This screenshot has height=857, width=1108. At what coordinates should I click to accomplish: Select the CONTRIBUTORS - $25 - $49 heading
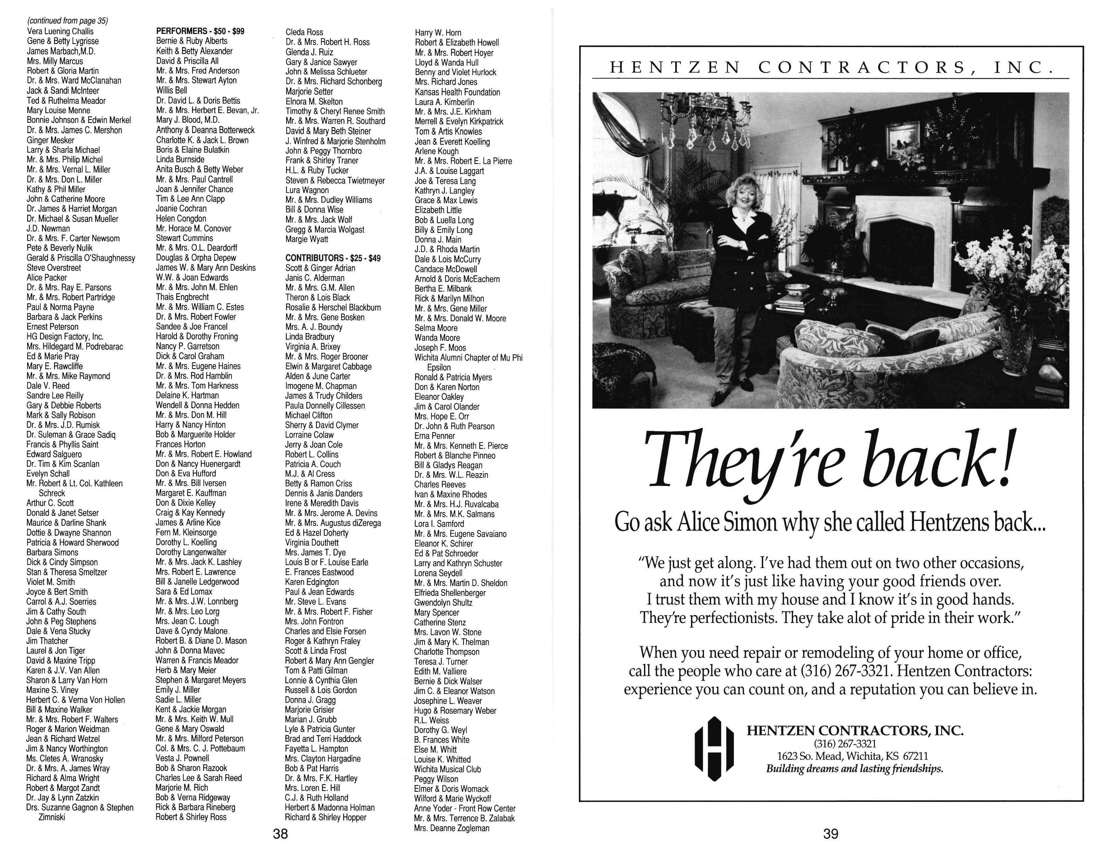point(332,258)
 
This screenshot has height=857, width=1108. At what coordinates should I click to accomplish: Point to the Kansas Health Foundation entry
point(457,92)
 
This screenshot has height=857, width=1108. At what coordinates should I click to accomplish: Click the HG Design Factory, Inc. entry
point(65,337)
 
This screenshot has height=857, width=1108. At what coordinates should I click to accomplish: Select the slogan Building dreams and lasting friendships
point(855,768)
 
